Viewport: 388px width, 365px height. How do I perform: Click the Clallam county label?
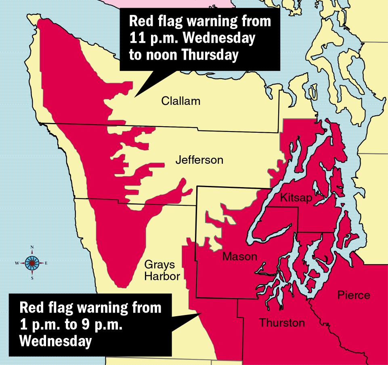tap(180, 101)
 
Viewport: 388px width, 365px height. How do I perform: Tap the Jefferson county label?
tap(199, 161)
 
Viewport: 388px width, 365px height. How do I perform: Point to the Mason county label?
tap(239, 257)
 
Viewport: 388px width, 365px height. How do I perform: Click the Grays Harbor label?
tap(160, 270)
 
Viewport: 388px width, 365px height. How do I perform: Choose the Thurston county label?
tap(282, 323)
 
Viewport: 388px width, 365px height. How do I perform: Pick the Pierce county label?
tap(353, 295)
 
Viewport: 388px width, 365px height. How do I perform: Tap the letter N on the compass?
tap(32, 247)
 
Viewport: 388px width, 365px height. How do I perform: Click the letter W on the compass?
tap(17, 263)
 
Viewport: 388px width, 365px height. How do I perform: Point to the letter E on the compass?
tap(46, 263)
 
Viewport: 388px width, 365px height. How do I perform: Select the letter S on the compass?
tap(32, 278)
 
